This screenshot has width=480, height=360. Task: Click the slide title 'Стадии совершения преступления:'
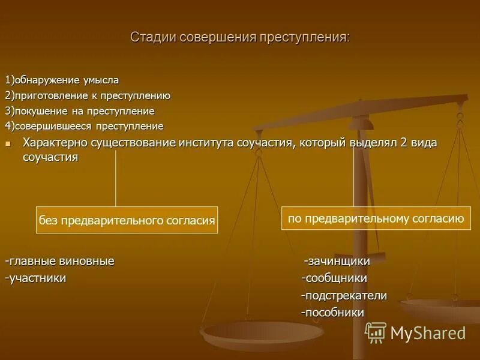point(240,37)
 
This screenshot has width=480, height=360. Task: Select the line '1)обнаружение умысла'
point(62,80)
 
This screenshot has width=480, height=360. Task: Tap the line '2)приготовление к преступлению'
point(88,95)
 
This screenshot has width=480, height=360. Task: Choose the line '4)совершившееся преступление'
point(85,126)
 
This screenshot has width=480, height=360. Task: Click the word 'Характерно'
point(55,143)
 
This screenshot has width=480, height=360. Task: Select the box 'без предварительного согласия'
point(127,221)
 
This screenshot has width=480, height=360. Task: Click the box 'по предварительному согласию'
point(376,218)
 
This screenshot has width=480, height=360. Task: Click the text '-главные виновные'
point(59,262)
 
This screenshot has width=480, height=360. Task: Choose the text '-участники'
point(35,278)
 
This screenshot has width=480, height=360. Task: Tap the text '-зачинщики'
point(337,262)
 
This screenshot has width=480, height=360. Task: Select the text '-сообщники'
point(334,278)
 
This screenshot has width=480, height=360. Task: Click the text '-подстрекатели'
point(344,296)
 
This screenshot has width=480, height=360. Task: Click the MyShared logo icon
point(376,332)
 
